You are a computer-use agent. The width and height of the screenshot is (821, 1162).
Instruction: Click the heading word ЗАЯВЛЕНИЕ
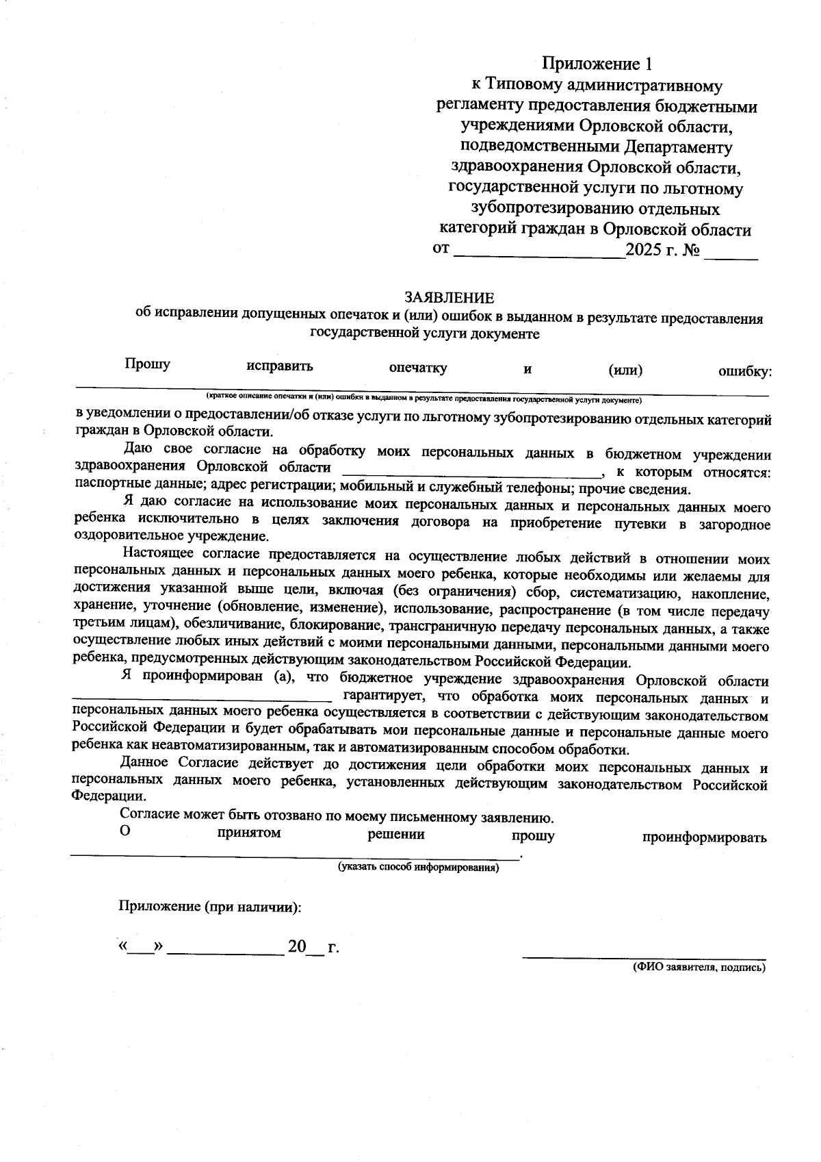tap(449, 298)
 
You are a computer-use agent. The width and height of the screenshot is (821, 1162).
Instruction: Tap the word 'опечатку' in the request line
tap(418, 368)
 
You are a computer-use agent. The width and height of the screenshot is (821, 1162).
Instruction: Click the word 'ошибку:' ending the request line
tap(744, 372)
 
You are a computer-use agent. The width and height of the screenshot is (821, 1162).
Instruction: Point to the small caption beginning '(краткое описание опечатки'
tap(423, 398)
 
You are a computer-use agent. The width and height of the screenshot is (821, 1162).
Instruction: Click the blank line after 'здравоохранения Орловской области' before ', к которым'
tap(471, 471)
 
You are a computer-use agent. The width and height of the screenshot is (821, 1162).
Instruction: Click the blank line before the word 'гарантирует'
tap(203, 698)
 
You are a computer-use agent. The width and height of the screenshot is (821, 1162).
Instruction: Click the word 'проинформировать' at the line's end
tap(704, 837)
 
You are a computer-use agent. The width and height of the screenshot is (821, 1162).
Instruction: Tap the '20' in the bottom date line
tap(297, 948)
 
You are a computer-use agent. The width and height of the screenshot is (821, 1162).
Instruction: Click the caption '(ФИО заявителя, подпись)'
tap(698, 968)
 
